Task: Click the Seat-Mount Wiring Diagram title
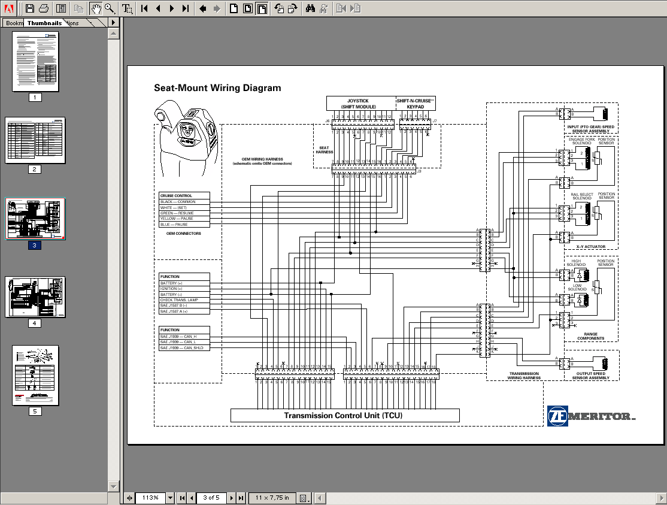point(217,88)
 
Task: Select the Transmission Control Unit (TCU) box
point(345,416)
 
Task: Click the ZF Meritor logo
point(591,416)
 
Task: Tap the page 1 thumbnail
point(35,61)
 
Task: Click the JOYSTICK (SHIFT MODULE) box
point(361,104)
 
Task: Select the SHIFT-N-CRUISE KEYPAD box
point(415,104)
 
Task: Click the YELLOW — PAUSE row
point(184,219)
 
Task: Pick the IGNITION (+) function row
point(184,289)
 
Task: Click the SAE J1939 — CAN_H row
point(184,336)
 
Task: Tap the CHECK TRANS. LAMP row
point(184,300)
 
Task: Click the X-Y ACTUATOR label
point(590,247)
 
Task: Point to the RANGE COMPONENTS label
point(590,336)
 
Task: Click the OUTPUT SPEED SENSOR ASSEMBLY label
point(590,376)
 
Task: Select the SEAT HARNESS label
point(324,150)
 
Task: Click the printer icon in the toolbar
point(43,8)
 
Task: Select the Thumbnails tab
point(44,23)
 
